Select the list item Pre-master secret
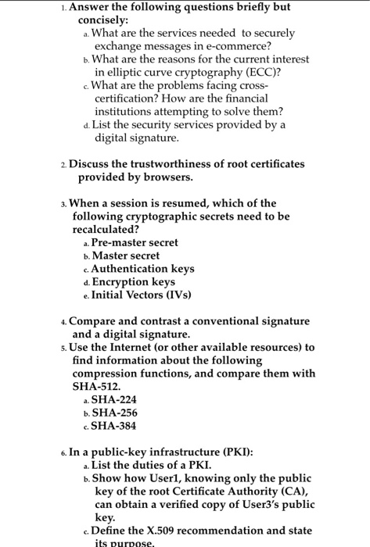point(135,242)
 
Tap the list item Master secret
point(126,256)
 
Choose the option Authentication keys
point(143,268)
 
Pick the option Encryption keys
point(133,281)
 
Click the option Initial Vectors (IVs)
point(140,295)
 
